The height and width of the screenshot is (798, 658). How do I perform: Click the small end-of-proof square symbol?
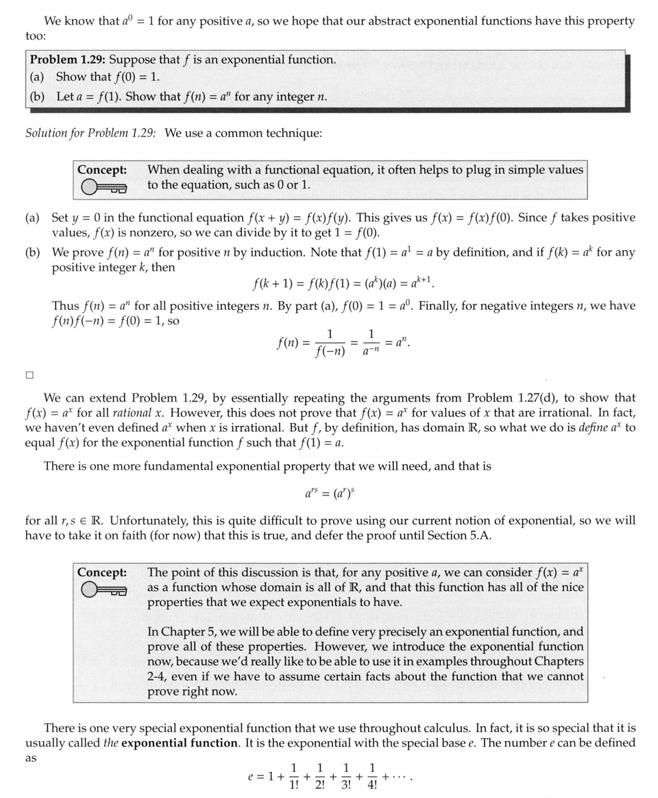click(29, 375)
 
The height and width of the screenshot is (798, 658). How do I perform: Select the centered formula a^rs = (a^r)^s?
click(329, 493)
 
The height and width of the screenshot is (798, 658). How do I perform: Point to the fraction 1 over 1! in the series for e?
click(294, 777)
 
